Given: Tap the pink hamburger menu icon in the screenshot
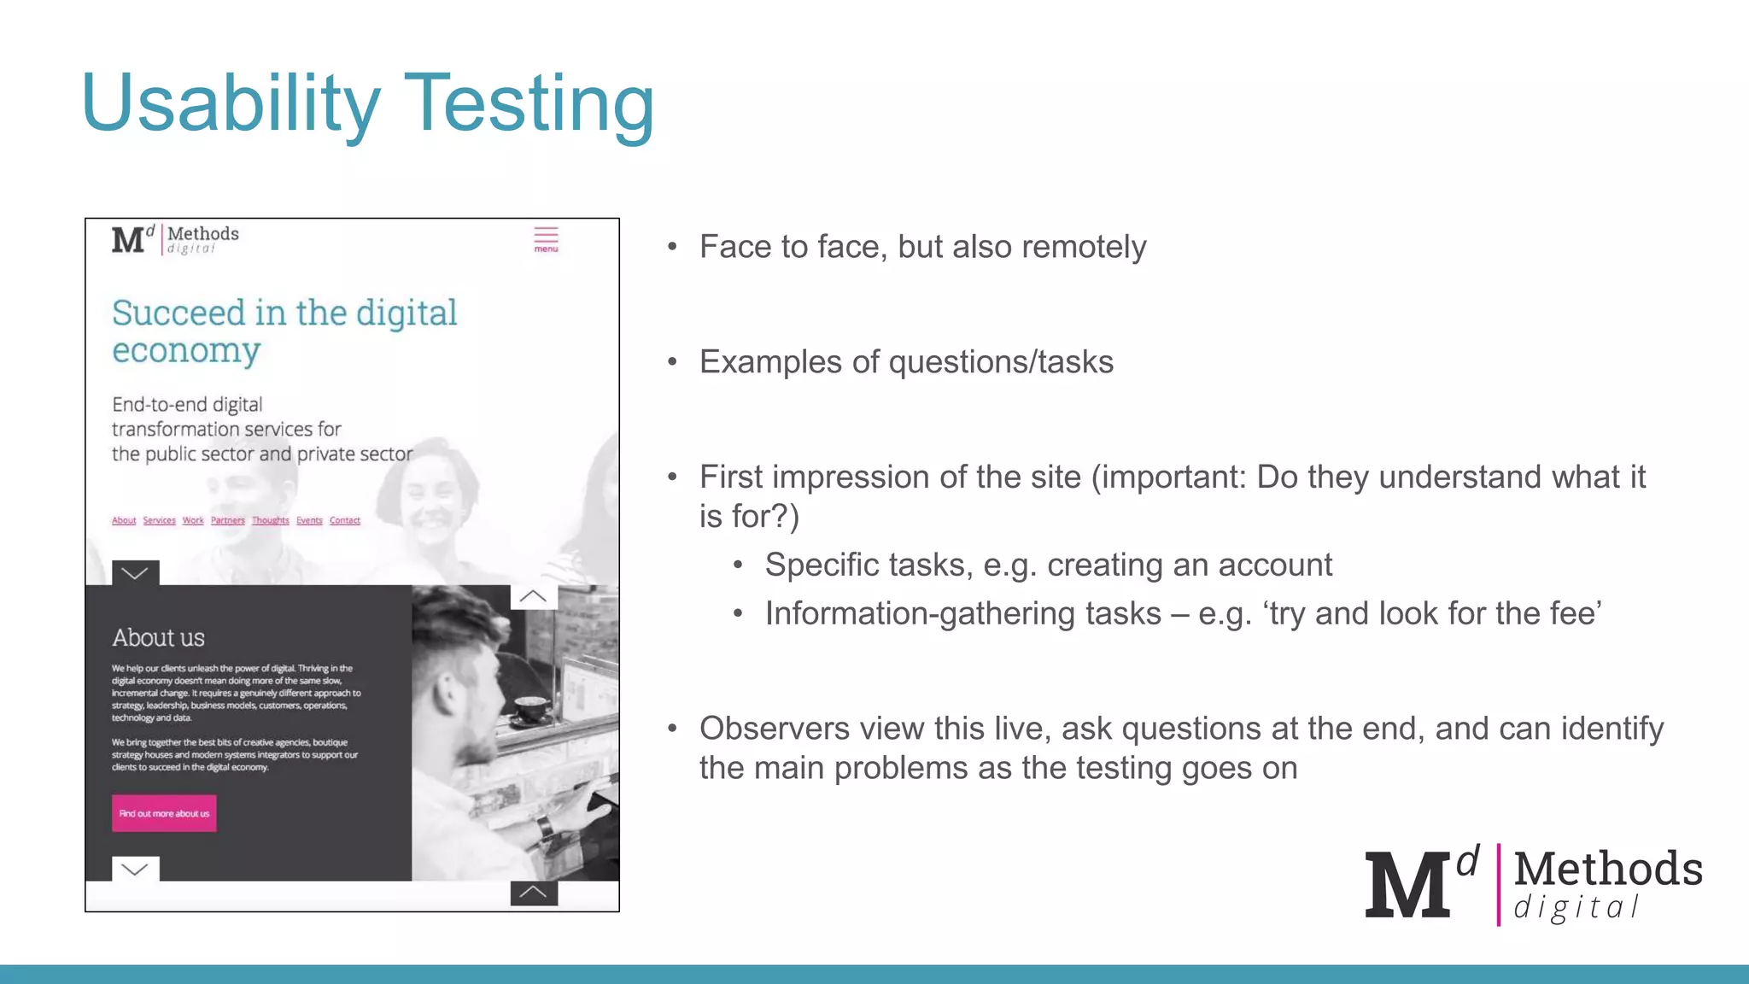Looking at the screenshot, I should coord(546,238).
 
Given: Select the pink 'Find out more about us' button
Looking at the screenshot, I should coord(164,813).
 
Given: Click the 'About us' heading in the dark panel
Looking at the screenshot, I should coord(159,637).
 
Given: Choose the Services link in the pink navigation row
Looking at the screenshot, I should coord(159,520).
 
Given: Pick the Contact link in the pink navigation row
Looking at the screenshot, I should coord(345,520).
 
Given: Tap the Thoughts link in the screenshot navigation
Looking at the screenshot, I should coord(271,520).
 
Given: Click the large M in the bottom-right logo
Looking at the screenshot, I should coord(1407,886).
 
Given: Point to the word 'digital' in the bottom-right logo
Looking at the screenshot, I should coord(1576,907).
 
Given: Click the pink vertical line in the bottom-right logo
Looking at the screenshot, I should coord(1498,885).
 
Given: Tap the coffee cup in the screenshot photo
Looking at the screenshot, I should coord(530,707).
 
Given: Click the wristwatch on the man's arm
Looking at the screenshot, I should coord(542,826).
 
